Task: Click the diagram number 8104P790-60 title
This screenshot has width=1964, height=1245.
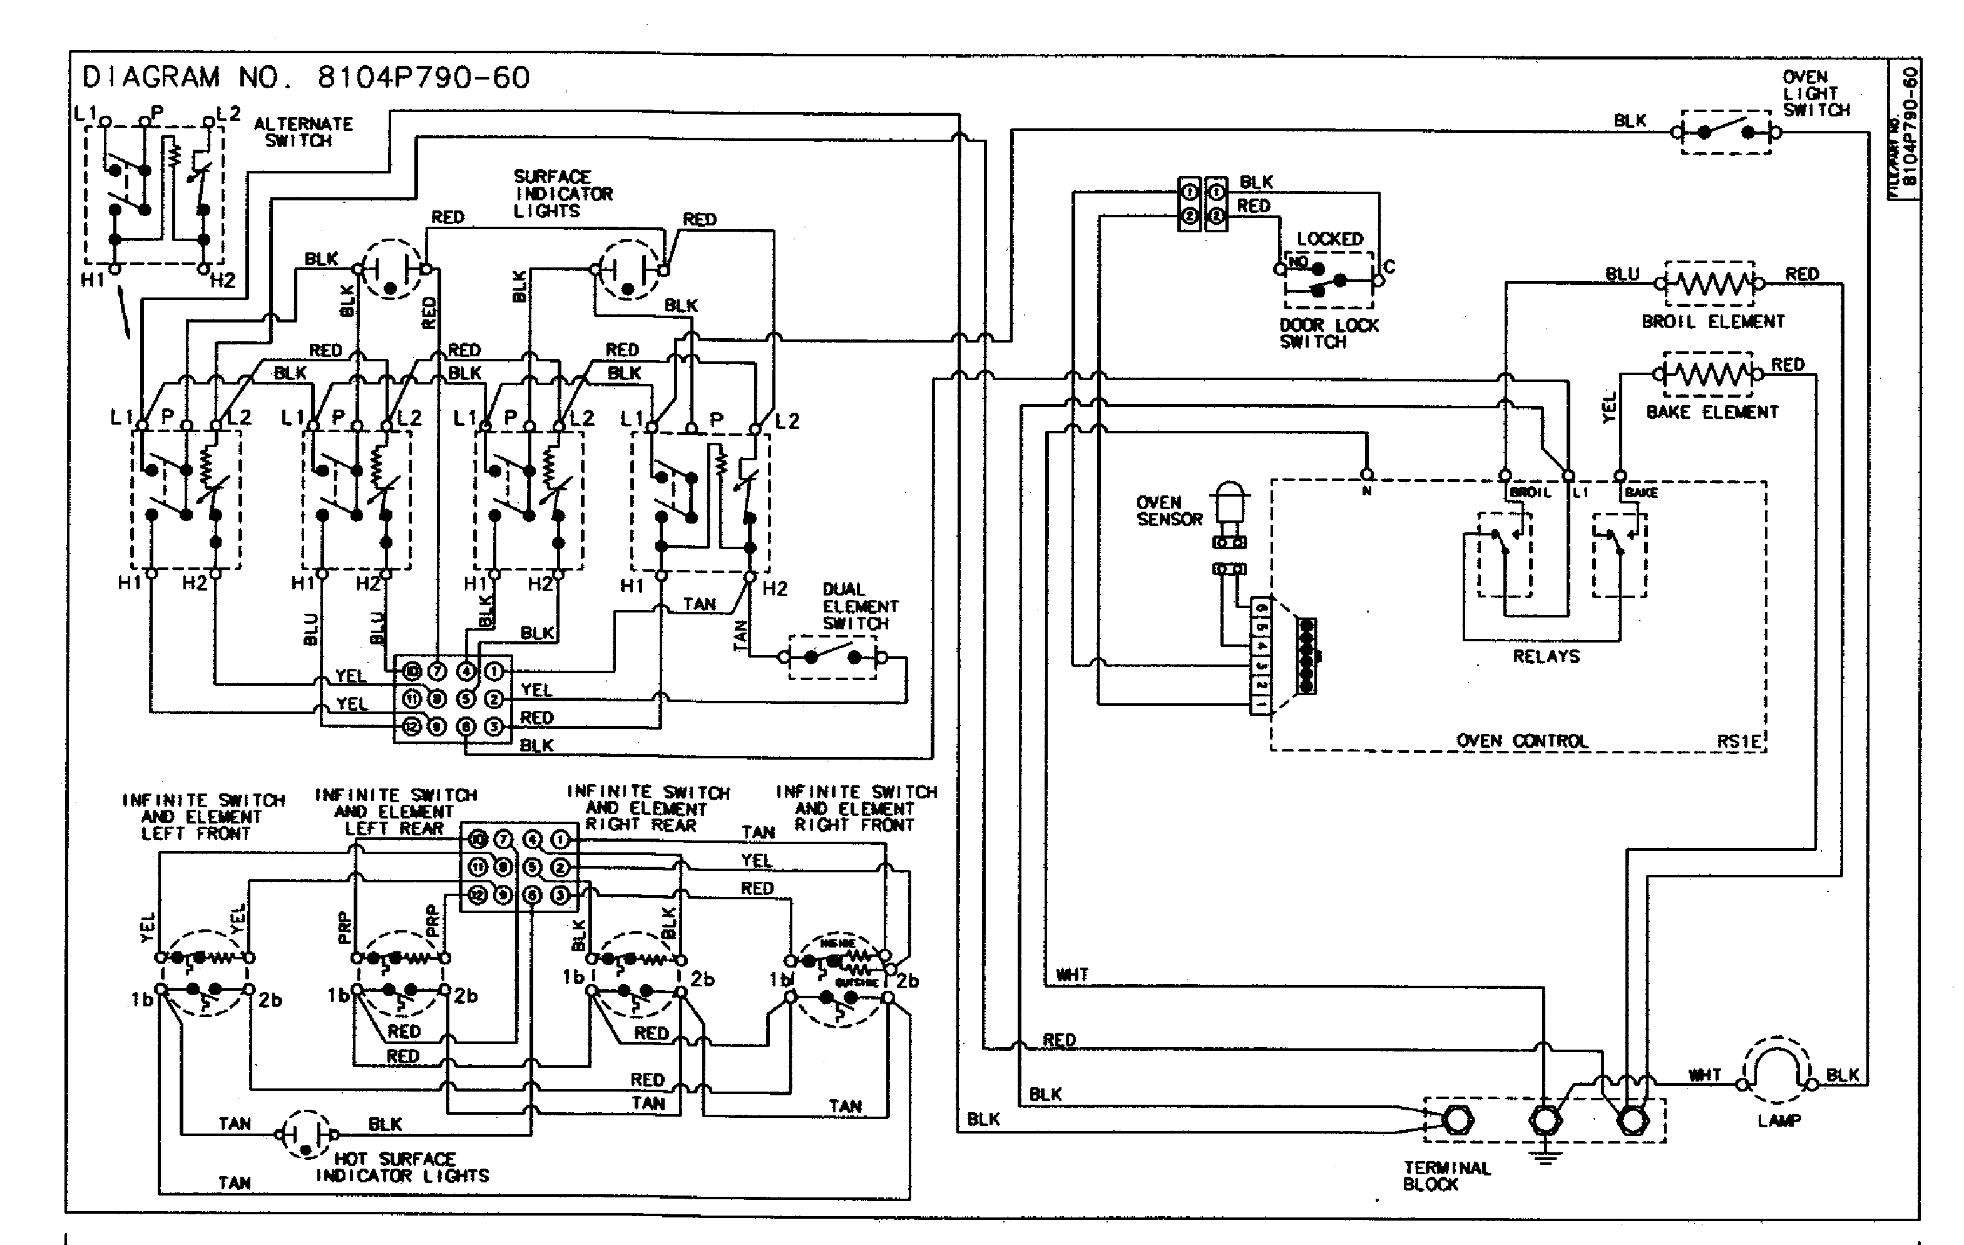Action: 306,78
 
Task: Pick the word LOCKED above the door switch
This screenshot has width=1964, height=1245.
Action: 1329,239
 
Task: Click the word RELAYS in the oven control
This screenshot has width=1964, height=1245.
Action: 1545,657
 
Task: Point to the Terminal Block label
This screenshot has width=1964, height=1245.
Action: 1445,1175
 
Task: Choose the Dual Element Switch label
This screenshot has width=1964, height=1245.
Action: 860,606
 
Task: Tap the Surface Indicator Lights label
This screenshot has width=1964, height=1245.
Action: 562,194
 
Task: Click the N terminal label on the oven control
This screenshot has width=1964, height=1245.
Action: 1366,491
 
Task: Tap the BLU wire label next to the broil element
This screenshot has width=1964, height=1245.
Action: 1622,274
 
